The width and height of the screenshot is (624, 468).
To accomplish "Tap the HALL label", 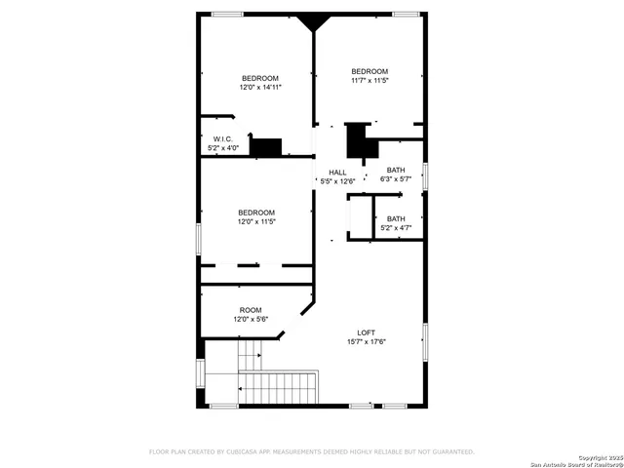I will tap(337, 172).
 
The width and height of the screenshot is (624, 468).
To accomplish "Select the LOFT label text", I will tap(366, 331).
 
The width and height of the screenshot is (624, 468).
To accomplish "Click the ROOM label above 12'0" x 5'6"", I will tap(251, 310).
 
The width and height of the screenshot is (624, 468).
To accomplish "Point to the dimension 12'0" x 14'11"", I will tap(260, 88).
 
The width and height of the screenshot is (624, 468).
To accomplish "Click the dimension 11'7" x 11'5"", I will tap(370, 81).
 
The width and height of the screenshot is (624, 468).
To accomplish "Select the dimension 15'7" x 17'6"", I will tap(366, 341).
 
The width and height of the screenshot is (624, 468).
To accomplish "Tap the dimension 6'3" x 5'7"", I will tap(395, 179).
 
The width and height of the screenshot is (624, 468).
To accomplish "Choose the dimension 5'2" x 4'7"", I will tap(395, 228).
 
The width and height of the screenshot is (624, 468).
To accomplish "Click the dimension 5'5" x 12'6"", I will tap(337, 181).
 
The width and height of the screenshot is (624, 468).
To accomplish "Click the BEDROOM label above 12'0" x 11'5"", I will tap(257, 213).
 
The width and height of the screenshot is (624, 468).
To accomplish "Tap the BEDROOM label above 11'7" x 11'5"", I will tap(370, 71).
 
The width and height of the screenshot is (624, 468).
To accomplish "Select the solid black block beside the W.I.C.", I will tap(265, 147).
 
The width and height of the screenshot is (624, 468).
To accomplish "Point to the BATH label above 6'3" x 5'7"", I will tap(395, 170).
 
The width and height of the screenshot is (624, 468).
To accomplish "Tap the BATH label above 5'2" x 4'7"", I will tap(395, 218).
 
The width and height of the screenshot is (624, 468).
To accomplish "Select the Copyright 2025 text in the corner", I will tap(598, 457).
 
